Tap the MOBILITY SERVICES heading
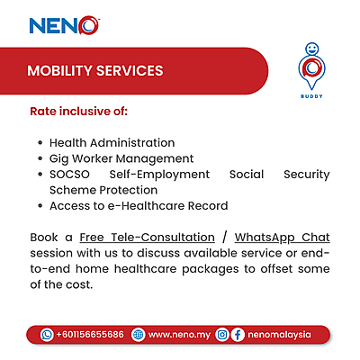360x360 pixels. [94, 70]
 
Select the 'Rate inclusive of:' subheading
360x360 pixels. [79, 112]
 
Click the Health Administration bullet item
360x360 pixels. [112, 143]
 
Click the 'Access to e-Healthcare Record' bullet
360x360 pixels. [138, 206]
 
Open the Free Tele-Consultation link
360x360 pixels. [147, 238]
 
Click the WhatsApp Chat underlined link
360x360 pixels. [282, 238]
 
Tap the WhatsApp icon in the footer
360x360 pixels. [47, 334]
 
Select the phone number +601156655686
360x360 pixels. [89, 334]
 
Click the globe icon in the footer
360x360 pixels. [138, 334]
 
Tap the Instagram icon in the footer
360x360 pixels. [221, 334]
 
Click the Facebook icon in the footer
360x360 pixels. [237, 334]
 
